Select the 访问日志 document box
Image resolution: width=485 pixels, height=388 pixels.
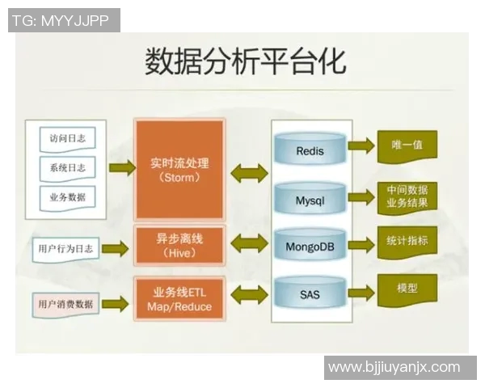67,138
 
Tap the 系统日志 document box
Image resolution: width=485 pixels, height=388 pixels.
67,167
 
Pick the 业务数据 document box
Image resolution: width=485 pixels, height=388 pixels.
67,196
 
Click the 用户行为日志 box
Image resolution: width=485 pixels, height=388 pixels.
65,249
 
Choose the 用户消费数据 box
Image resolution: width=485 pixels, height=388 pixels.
65,305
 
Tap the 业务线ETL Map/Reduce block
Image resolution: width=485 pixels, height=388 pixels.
179,298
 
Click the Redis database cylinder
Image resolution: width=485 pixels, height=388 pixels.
310,150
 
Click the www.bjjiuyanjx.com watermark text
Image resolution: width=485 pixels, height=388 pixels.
394,367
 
